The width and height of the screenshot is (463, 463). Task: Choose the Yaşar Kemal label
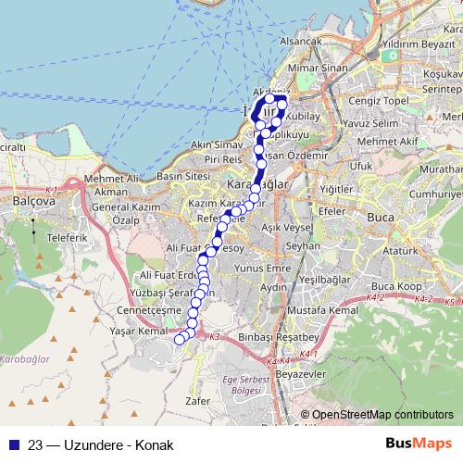click(135, 331)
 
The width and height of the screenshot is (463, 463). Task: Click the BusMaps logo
click(417, 442)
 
